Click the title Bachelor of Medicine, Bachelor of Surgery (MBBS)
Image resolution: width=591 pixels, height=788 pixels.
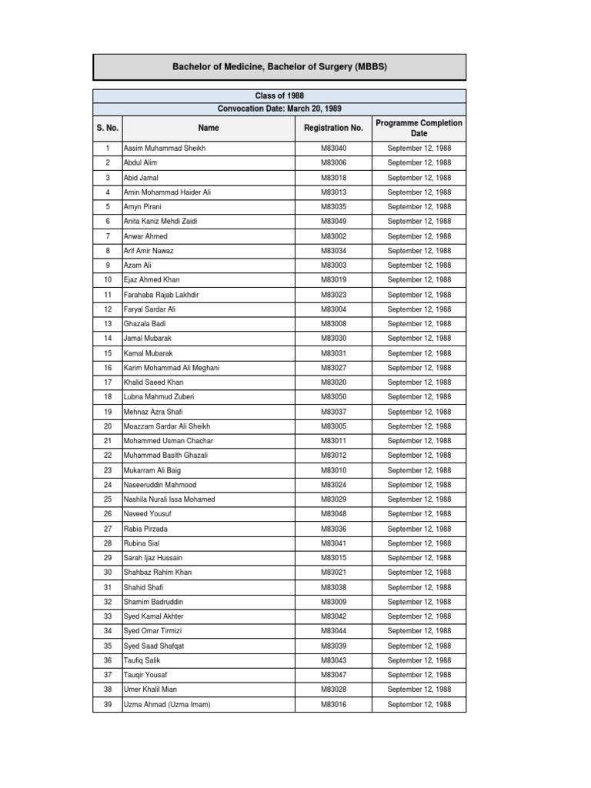click(279, 67)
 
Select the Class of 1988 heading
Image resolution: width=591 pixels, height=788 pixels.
click(279, 95)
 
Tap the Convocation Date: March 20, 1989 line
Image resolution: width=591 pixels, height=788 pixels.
click(279, 109)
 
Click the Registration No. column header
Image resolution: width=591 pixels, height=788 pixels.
click(333, 128)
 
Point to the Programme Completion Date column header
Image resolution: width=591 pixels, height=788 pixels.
click(419, 128)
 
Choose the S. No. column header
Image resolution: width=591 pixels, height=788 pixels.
click(107, 128)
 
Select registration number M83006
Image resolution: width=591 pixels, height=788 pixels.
click(333, 162)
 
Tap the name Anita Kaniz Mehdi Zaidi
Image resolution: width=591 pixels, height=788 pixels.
click(161, 221)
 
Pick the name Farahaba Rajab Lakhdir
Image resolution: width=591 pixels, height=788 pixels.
click(162, 295)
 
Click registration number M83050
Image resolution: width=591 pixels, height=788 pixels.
click(333, 397)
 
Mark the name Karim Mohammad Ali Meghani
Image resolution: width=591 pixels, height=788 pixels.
click(172, 368)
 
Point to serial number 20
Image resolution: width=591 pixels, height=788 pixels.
click(107, 426)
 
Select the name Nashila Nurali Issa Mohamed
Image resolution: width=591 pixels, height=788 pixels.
click(169, 499)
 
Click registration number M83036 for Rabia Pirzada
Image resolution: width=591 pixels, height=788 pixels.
click(333, 529)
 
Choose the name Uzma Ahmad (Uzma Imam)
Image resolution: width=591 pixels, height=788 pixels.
click(167, 704)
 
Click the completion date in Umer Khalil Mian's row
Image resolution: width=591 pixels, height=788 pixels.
click(419, 689)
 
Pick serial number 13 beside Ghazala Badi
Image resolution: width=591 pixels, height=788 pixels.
click(107, 324)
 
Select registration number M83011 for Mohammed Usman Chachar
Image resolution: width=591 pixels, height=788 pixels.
click(333, 441)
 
